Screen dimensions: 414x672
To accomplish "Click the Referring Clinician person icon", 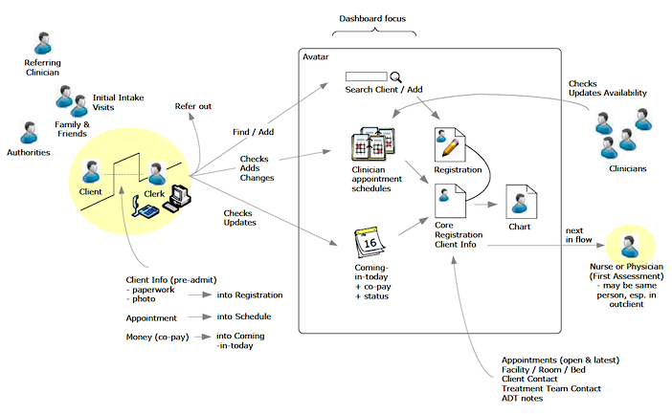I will (43, 43).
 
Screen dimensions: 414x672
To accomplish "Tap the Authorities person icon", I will (30, 132).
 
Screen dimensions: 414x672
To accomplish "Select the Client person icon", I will (91, 171).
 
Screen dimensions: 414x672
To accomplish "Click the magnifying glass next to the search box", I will (395, 76).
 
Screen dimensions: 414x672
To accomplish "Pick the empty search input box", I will (365, 76).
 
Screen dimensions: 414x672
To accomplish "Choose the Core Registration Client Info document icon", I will (449, 204).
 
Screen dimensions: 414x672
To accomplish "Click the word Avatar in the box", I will (317, 57).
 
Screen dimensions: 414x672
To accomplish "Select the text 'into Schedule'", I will (244, 316).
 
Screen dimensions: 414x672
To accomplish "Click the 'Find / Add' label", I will (254, 131).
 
